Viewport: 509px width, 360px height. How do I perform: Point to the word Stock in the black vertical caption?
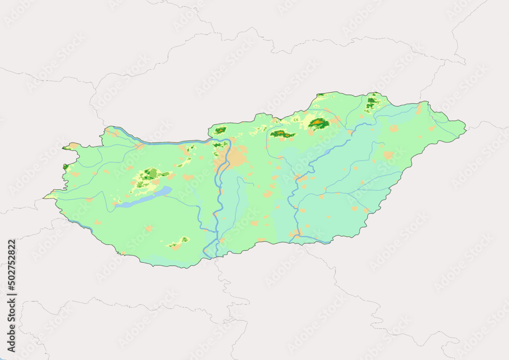click(12, 309)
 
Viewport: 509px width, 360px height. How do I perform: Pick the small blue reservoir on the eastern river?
click(327, 152)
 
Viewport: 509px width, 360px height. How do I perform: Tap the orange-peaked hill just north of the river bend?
click(220, 131)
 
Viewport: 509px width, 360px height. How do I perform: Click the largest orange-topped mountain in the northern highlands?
click(318, 123)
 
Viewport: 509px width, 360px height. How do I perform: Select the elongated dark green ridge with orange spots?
click(282, 134)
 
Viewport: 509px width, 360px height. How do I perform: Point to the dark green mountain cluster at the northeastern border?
click(372, 103)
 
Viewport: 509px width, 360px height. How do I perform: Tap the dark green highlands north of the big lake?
click(150, 174)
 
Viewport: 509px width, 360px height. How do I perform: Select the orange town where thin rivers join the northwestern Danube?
click(139, 146)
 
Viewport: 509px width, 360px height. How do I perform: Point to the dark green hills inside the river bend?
click(220, 145)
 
